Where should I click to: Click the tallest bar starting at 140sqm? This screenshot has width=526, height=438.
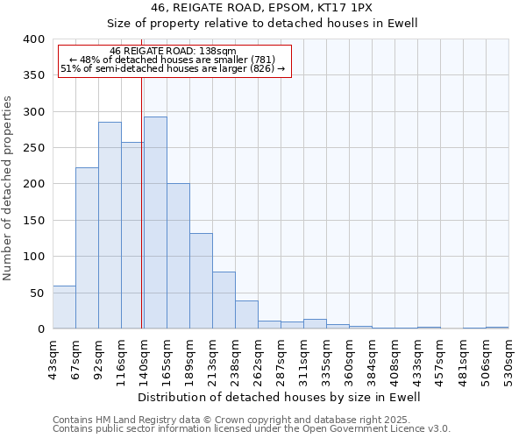[155, 223]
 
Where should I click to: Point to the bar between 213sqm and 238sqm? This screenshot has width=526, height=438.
[224, 300]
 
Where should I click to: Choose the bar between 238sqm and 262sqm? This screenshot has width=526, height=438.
[246, 314]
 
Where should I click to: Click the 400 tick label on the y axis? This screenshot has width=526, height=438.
[33, 39]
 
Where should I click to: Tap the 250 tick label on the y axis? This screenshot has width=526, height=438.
[33, 148]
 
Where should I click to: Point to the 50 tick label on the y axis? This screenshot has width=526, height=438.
[37, 293]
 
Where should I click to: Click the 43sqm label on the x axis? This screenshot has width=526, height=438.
[53, 358]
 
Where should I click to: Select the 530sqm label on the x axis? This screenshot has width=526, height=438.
[508, 358]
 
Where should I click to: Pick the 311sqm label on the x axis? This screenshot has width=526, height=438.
[303, 358]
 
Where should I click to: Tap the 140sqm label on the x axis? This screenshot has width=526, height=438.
[144, 358]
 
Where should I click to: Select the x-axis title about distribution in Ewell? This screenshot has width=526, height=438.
[280, 397]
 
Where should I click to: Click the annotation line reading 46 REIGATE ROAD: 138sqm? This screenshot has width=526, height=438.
[173, 52]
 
